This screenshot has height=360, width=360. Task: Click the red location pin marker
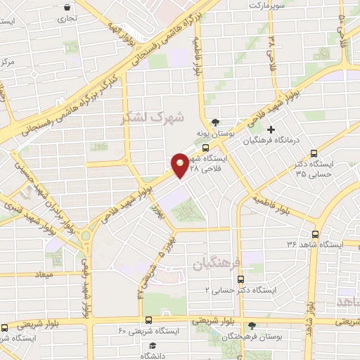click(x=180, y=165)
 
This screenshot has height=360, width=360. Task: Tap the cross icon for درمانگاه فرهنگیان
click(x=271, y=129)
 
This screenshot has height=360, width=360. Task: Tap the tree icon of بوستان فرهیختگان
click(x=252, y=325)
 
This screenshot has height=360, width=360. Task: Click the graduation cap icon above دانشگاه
click(x=153, y=345)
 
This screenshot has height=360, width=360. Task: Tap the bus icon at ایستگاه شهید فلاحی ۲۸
click(x=205, y=148)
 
